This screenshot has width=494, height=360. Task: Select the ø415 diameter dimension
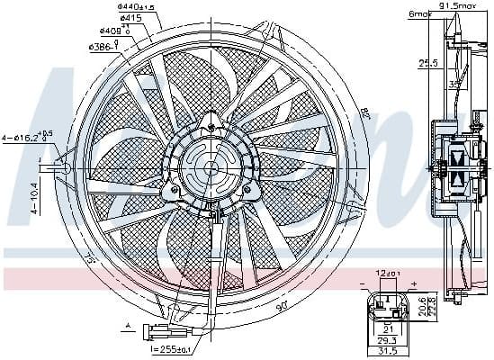pyautogui.click(x=133, y=18)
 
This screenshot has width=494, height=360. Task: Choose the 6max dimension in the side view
pyautogui.click(x=420, y=13)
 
